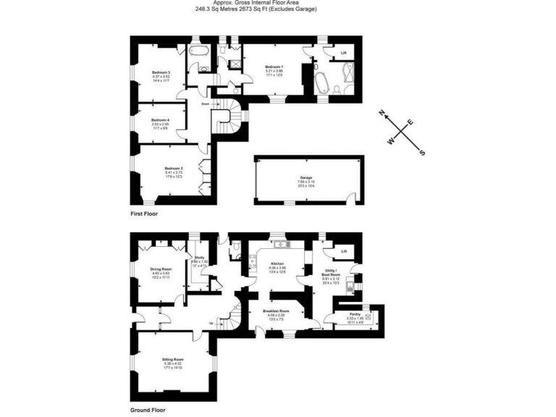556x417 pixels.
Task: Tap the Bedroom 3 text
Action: click(x=161, y=72)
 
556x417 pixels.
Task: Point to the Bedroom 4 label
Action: click(x=160, y=119)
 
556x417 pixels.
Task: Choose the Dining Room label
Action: click(x=161, y=269)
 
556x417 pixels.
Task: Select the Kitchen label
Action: click(x=277, y=264)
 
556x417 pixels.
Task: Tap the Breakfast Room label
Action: click(x=278, y=311)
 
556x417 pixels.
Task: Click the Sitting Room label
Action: click(x=173, y=359)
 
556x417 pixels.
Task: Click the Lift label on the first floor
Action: click(x=343, y=51)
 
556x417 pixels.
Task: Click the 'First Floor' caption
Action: click(x=144, y=214)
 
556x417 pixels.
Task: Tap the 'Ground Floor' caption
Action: click(x=148, y=410)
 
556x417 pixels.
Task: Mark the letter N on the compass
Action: click(x=382, y=112)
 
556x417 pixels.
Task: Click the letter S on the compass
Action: click(x=423, y=152)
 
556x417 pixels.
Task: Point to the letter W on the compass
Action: click(x=392, y=142)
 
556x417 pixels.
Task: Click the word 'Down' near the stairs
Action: click(x=206, y=104)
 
